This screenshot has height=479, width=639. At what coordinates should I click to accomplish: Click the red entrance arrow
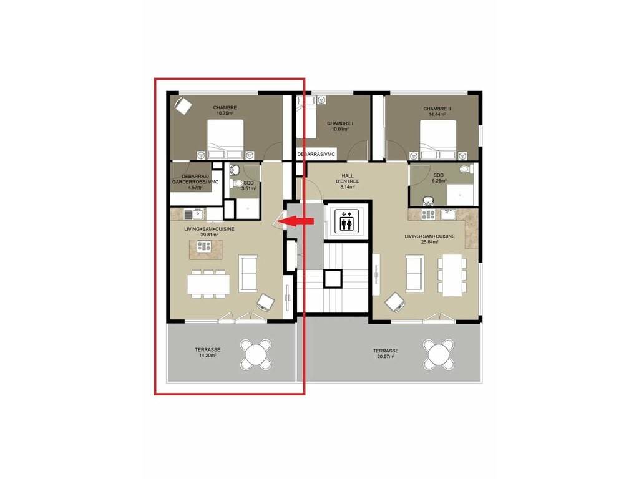pyautogui.click(x=298, y=221)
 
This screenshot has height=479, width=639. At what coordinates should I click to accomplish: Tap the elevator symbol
pyautogui.click(x=347, y=221)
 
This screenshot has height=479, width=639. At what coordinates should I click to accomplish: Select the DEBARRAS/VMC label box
pyautogui.click(x=316, y=154)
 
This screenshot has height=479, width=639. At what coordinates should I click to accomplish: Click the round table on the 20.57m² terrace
pyautogui.click(x=438, y=354)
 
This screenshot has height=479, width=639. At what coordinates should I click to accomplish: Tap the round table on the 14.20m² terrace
pyautogui.click(x=255, y=354)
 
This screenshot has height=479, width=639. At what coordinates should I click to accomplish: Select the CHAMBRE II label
pyautogui.click(x=437, y=109)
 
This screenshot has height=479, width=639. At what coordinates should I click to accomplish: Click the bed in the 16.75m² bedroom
pyautogui.click(x=225, y=139)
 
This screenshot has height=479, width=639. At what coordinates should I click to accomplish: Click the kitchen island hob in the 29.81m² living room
pyautogui.click(x=204, y=246)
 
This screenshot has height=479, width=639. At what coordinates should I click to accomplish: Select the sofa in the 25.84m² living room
pyautogui.click(x=415, y=273)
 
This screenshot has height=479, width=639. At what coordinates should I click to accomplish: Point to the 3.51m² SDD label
pyautogui.click(x=248, y=186)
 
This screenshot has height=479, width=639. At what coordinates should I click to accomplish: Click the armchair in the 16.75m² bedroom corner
pyautogui.click(x=183, y=106)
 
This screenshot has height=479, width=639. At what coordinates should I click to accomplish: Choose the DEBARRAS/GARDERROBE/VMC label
pyautogui.click(x=195, y=181)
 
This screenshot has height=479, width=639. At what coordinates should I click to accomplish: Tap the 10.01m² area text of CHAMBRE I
pyautogui.click(x=340, y=129)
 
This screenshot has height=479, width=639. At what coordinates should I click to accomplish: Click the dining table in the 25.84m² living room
pyautogui.click(x=452, y=275)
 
